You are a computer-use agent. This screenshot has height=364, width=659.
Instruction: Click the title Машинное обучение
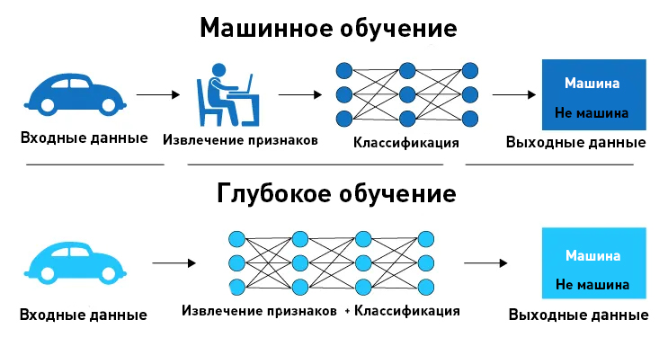pyautogui.click(x=328, y=28)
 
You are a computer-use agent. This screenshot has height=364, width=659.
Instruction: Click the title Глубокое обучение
pyautogui.click(x=335, y=193)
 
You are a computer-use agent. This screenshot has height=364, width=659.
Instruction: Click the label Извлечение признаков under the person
pyautogui.click(x=240, y=140)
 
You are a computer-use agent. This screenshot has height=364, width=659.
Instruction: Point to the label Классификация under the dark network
pyautogui.click(x=406, y=143)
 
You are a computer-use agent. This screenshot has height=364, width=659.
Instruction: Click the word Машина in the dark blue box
pyautogui.click(x=592, y=84)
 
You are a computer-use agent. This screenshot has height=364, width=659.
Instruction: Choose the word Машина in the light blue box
pyautogui.click(x=592, y=255)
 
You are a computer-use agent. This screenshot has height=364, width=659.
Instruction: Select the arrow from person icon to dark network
pyautogui.click(x=299, y=93)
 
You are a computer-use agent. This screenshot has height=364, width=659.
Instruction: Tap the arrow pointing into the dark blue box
pyautogui.click(x=513, y=93)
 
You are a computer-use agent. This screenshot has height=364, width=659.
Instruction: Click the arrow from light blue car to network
pyautogui.click(x=174, y=263)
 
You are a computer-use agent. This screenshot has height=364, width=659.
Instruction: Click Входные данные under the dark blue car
pyautogui.click(x=85, y=139)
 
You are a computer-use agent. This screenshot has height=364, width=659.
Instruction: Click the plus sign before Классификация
pyautogui.click(x=346, y=311)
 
